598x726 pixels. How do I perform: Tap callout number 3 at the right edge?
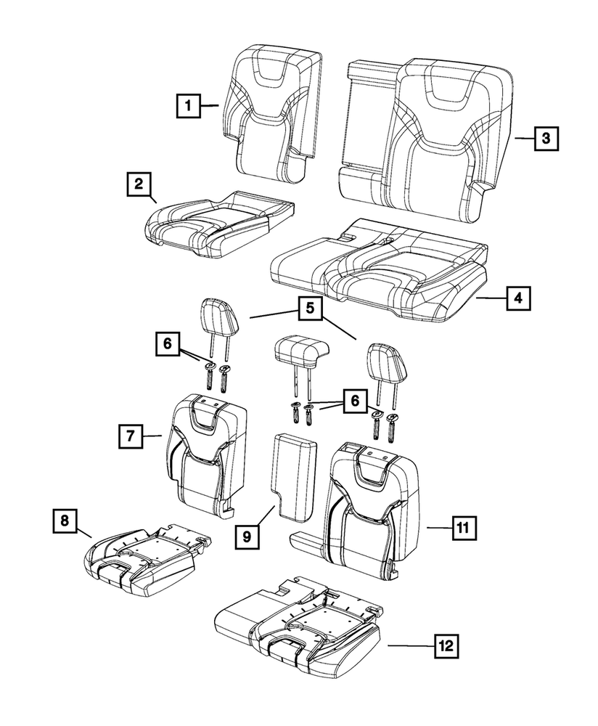point(546,137)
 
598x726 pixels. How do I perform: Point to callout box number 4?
point(517,297)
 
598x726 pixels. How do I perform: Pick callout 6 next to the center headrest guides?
point(354,400)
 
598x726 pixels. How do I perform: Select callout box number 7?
point(130,436)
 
